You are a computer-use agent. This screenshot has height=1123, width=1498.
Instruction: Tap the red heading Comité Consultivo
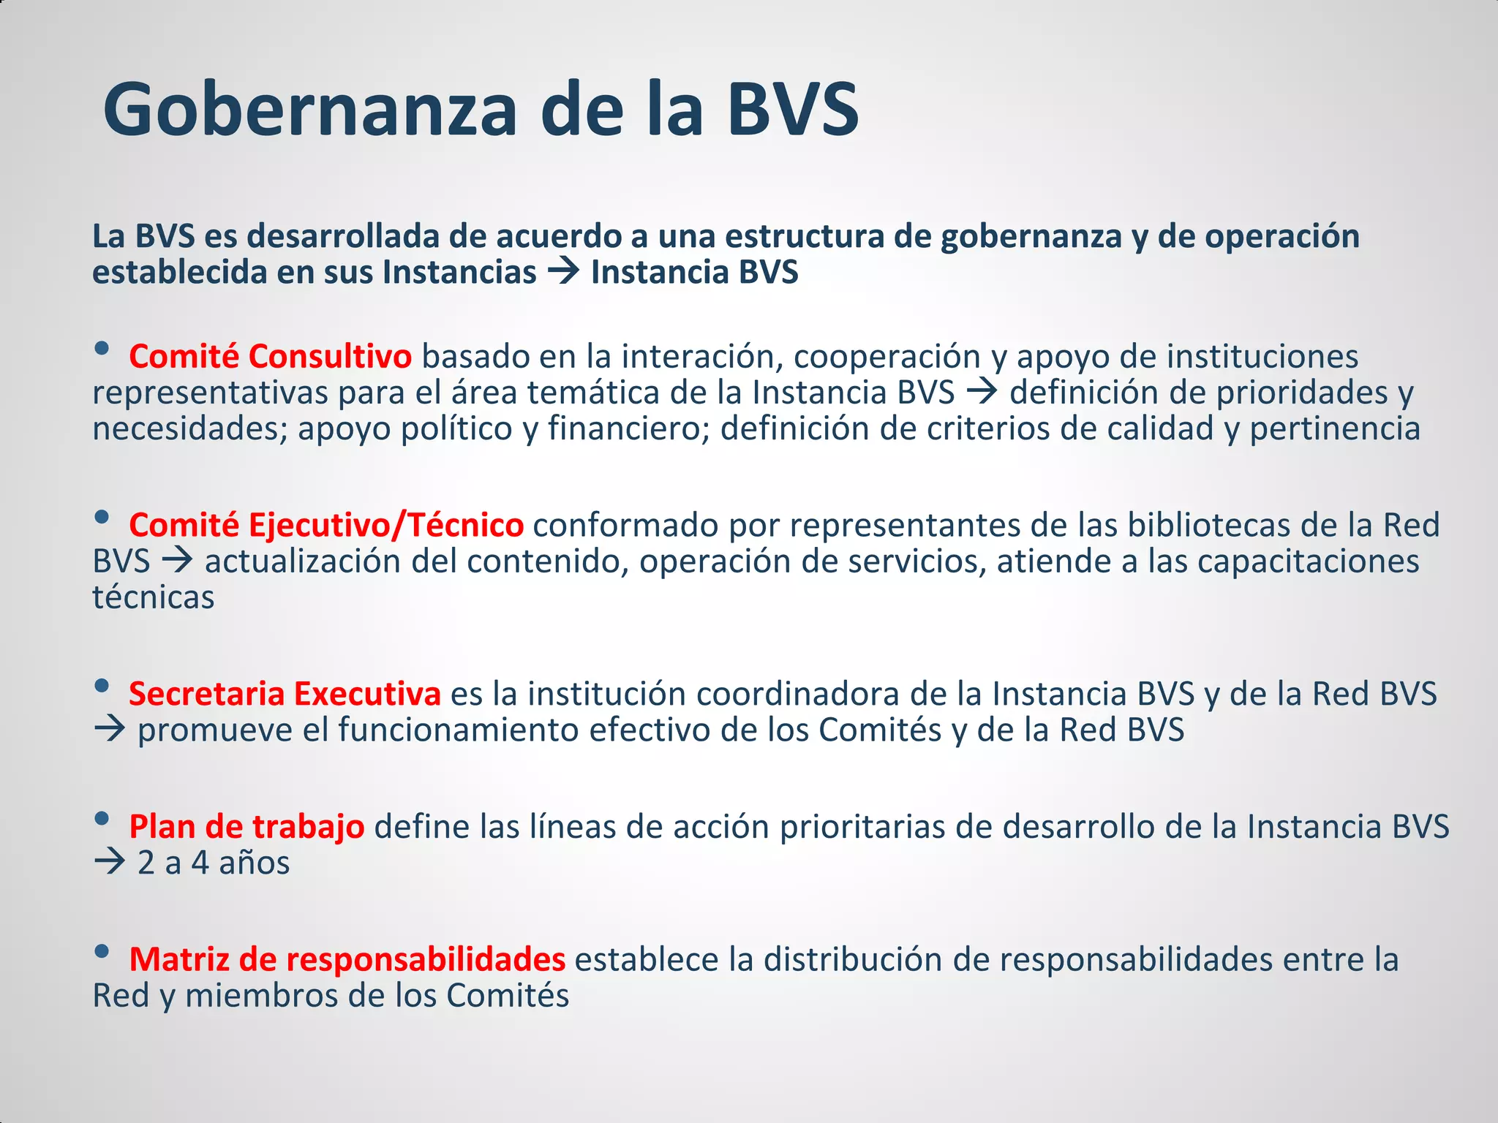pos(270,357)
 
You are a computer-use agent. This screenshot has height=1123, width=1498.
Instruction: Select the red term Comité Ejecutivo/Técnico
pos(326,526)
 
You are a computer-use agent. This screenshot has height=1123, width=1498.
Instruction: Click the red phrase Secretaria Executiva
pos(285,694)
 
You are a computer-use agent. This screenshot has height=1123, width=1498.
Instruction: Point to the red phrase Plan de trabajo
pos(246,827)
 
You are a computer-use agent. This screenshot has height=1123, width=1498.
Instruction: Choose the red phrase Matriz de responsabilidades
pos(347,960)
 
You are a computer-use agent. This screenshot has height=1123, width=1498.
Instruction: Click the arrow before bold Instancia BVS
pos(563,273)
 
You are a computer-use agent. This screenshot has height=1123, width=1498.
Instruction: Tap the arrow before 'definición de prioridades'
pos(982,393)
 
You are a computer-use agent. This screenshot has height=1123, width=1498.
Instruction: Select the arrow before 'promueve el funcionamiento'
pos(110,730)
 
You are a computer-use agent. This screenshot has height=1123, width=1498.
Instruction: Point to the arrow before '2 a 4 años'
pos(110,863)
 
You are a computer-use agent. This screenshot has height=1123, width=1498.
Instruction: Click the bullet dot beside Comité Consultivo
pos(102,349)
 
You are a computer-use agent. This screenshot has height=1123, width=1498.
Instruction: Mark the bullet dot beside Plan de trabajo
pos(102,819)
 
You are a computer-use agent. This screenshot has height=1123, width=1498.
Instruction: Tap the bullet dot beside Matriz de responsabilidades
pos(102,952)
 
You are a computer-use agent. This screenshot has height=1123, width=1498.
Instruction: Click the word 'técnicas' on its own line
pos(154,598)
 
